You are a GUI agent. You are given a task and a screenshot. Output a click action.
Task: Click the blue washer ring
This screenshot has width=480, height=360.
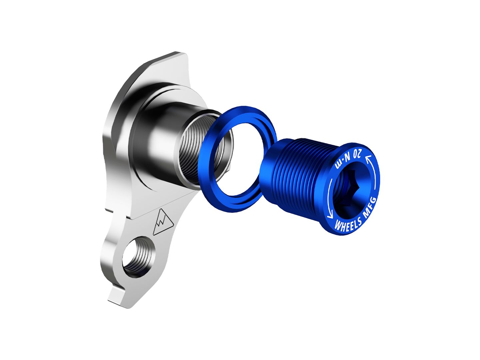click(x=213, y=180)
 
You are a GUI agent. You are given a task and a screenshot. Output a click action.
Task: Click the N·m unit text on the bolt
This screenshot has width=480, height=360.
click(x=342, y=163)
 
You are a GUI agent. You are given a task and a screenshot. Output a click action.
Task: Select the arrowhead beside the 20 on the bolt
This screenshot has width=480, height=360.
click(x=368, y=159)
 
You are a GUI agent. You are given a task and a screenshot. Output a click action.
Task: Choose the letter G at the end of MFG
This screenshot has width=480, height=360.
click(x=373, y=200)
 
